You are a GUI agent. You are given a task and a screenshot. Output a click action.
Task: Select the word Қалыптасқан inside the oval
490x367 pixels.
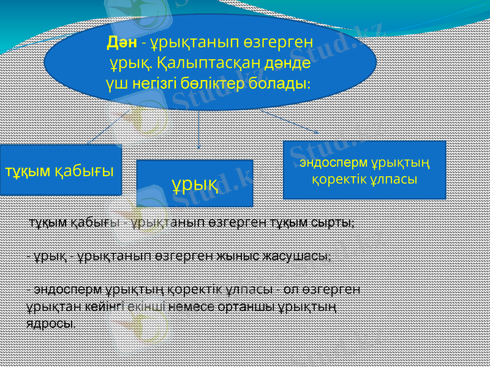coord(207,62)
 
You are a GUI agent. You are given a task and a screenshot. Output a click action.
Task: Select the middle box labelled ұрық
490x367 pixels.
coord(194,183)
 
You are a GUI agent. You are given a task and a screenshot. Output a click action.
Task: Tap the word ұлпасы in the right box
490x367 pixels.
coord(396,179)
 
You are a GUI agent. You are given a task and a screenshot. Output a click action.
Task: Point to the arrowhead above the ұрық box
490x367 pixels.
coord(198,145)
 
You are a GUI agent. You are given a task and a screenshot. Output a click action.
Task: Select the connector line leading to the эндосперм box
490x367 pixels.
coord(288,121)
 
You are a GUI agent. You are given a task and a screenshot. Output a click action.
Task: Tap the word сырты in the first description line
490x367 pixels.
coord(335,222)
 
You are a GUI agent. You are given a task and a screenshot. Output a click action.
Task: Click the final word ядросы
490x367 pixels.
coord(51,323)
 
